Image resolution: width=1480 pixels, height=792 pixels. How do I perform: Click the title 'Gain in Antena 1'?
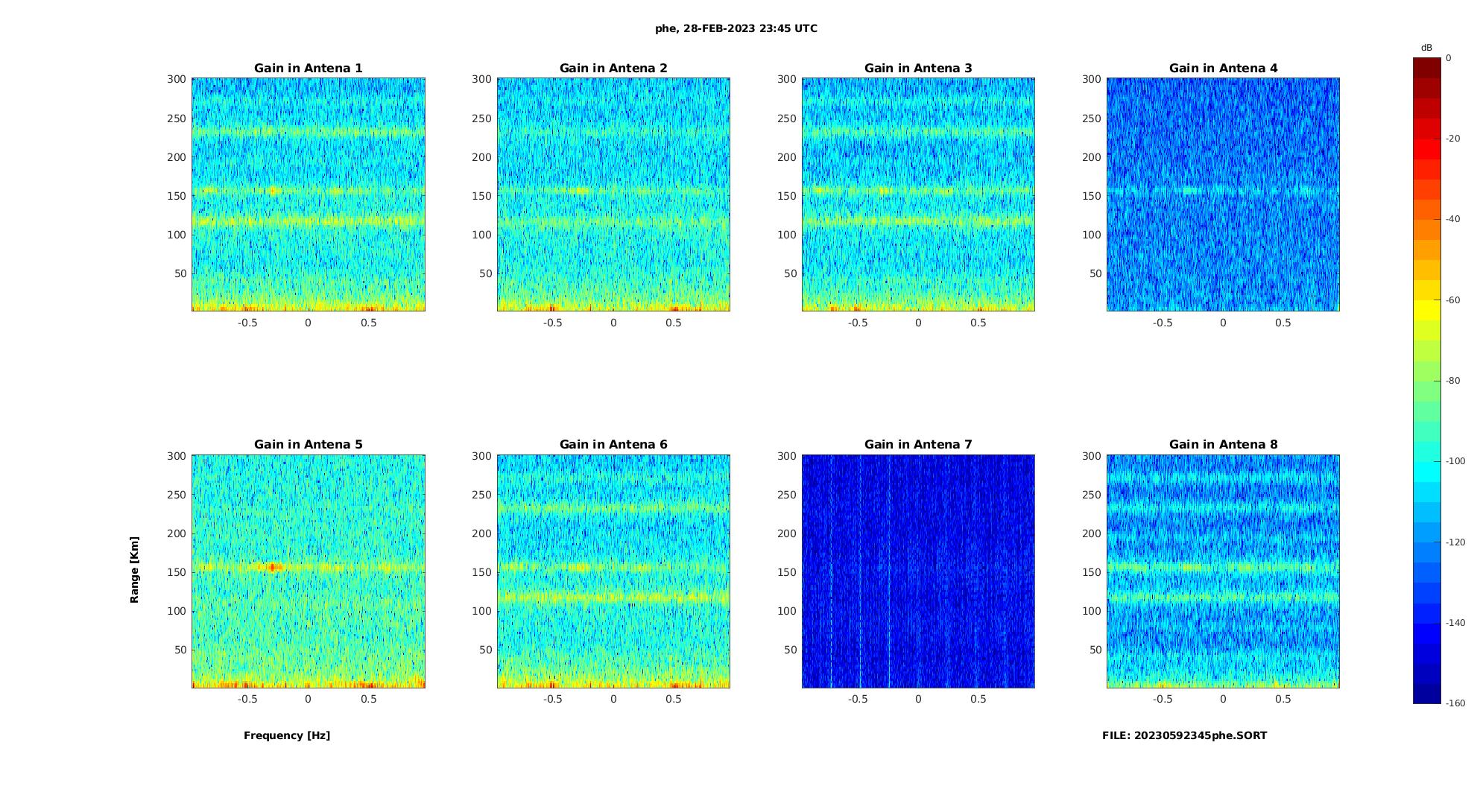click(x=308, y=69)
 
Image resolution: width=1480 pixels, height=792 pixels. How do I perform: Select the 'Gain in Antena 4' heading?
click(x=1223, y=69)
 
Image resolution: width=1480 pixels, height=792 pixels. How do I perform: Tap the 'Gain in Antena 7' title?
click(x=918, y=445)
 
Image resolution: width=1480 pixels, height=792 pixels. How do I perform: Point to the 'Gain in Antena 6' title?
click(x=613, y=445)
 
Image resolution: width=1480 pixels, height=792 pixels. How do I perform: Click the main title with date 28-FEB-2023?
click(x=736, y=28)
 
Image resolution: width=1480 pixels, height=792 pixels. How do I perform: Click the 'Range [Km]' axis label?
click(x=135, y=569)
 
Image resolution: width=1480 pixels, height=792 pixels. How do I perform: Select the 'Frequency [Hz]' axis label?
click(x=287, y=735)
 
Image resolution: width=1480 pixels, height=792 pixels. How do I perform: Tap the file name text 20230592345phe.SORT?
click(x=1184, y=735)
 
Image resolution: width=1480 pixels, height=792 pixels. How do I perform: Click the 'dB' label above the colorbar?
click(x=1426, y=48)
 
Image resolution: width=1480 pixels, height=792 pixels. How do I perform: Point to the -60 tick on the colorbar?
click(x=1453, y=300)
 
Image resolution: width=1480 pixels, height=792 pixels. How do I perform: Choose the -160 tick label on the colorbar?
click(x=1455, y=703)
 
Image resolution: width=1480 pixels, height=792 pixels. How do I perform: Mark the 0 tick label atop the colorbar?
click(x=1449, y=58)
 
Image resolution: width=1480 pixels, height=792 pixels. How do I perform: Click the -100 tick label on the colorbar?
click(x=1455, y=461)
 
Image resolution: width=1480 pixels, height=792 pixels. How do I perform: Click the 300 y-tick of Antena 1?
click(x=177, y=79)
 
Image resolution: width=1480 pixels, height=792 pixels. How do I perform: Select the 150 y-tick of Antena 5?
click(x=177, y=572)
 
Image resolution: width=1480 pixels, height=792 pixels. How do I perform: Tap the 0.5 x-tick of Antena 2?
click(x=674, y=323)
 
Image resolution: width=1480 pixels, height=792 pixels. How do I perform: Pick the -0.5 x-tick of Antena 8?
click(x=1163, y=699)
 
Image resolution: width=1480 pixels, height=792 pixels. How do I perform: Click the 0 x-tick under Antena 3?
click(x=918, y=323)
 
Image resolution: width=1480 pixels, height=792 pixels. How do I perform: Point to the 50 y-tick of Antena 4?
click(x=1095, y=273)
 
